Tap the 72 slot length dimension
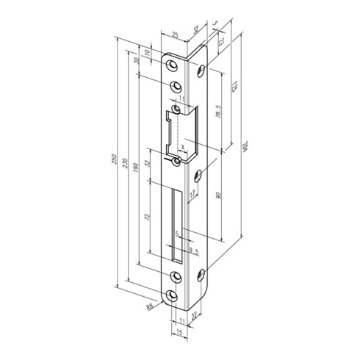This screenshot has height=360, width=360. (x=147, y=218)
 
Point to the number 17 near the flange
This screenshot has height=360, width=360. (x=192, y=195)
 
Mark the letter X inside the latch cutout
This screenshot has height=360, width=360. (x=184, y=147)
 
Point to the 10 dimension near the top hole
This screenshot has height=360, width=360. (x=147, y=53)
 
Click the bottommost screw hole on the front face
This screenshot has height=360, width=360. (x=173, y=295)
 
